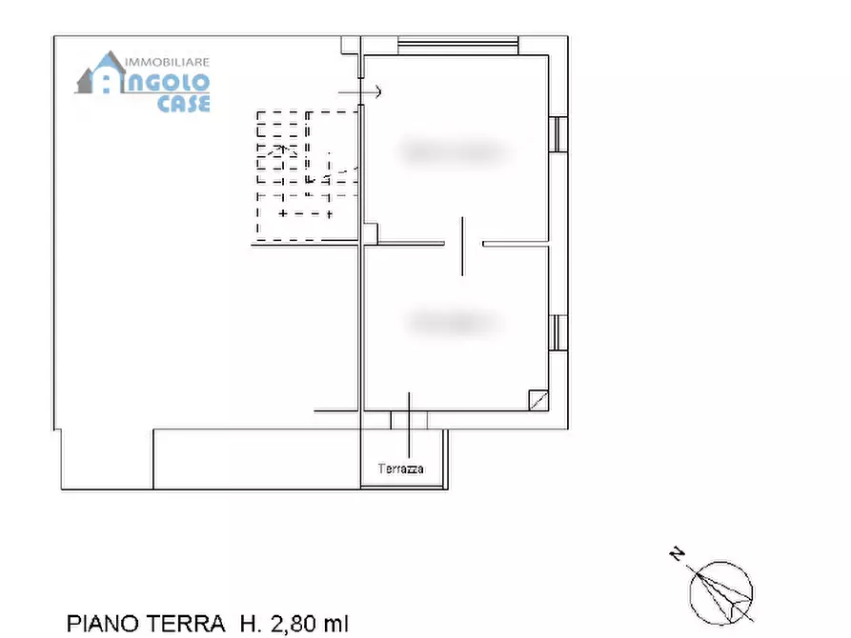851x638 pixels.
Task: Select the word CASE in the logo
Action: pyautogui.click(x=183, y=104)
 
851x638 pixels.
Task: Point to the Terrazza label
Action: pyautogui.click(x=400, y=469)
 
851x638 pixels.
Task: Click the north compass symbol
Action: pyautogui.click(x=721, y=589)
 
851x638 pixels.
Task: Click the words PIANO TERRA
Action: pyautogui.click(x=146, y=624)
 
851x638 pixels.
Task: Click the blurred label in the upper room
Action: pyautogui.click(x=452, y=150)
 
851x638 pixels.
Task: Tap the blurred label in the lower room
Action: pyautogui.click(x=454, y=323)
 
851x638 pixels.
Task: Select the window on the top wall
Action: pyautogui.click(x=457, y=45)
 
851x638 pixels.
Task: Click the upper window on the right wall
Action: pyautogui.click(x=558, y=134)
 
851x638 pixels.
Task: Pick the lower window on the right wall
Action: pyautogui.click(x=558, y=331)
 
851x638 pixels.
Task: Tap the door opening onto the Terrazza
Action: pyautogui.click(x=409, y=419)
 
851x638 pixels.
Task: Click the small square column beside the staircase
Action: pyautogui.click(x=371, y=232)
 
